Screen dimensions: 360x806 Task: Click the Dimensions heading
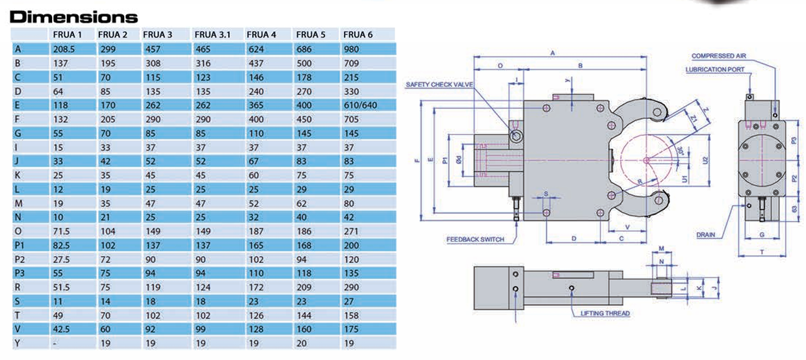[x=74, y=16]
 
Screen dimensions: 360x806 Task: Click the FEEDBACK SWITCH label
[x=475, y=239]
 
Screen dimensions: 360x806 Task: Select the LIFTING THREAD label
[x=605, y=313]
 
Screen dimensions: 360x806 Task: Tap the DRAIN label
[x=706, y=235]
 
